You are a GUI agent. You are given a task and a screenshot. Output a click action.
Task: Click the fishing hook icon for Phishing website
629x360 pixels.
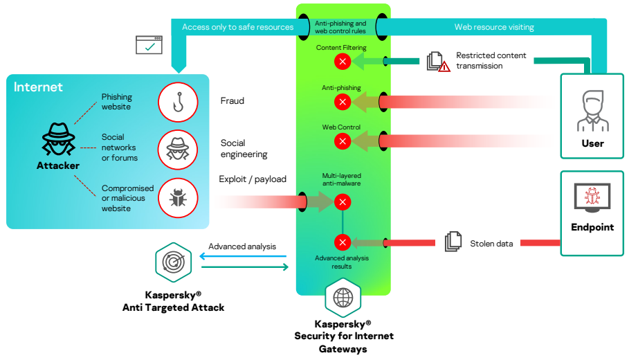click(x=178, y=102)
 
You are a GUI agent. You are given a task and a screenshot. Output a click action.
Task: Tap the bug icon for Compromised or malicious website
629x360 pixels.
click(x=178, y=198)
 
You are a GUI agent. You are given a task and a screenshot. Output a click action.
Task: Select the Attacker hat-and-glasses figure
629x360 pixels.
click(x=59, y=139)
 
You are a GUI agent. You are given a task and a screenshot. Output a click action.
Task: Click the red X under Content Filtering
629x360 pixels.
click(x=343, y=62)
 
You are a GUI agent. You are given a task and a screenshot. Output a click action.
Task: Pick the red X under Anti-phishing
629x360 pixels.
click(x=343, y=102)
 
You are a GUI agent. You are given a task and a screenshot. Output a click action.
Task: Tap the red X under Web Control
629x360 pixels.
click(x=343, y=141)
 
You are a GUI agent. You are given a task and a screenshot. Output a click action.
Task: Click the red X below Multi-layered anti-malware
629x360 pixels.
click(x=343, y=202)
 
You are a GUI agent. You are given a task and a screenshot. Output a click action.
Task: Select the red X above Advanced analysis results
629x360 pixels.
click(x=343, y=242)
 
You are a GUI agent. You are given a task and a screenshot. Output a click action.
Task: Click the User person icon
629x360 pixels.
click(x=593, y=111)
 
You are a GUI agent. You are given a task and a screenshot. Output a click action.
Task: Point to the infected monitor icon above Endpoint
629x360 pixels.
click(x=592, y=198)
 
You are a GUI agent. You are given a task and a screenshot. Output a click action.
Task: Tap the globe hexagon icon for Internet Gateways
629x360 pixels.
click(x=343, y=298)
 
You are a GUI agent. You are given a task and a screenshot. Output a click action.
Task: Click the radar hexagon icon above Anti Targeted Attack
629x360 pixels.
click(x=173, y=262)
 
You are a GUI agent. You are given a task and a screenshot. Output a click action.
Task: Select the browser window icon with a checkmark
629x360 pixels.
click(x=149, y=44)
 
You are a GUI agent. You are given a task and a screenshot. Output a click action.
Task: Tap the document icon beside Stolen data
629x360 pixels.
click(x=453, y=242)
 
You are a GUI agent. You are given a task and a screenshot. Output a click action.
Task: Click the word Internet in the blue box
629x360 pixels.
click(x=38, y=87)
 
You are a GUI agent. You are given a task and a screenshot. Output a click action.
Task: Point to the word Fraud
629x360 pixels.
click(x=233, y=101)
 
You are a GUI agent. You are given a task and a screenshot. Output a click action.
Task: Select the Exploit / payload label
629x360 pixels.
click(x=253, y=179)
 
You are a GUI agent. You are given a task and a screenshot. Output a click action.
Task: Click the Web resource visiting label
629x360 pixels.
click(x=494, y=27)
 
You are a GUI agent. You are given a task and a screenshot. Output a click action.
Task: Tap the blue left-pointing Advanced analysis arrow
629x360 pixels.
click(x=243, y=256)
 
